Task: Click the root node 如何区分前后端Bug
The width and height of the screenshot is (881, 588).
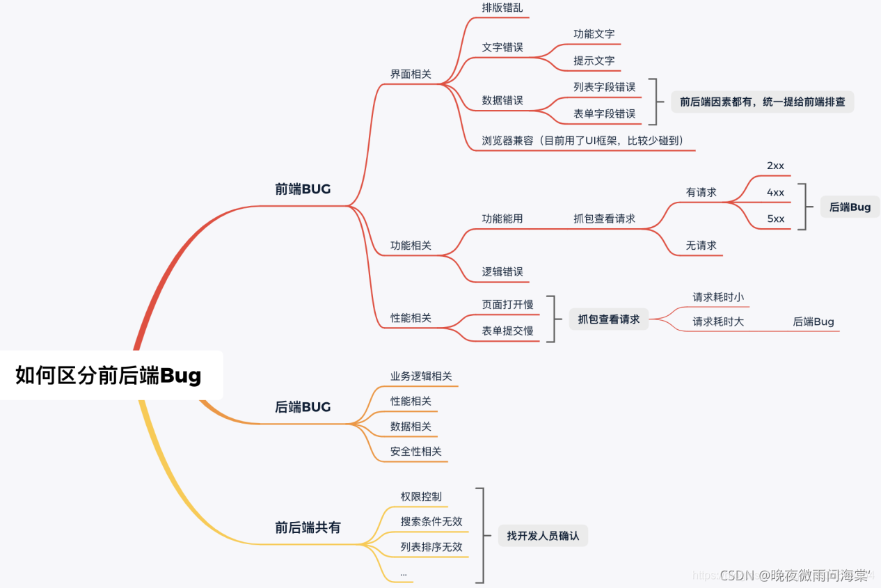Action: (109, 376)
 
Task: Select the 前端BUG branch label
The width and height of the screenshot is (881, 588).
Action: (303, 189)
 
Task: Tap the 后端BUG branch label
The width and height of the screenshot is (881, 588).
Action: (303, 407)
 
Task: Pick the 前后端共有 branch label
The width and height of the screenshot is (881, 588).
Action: (308, 527)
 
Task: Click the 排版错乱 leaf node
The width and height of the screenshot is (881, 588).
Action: (502, 8)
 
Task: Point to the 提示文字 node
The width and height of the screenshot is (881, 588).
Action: (594, 61)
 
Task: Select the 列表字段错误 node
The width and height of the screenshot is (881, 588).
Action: (604, 87)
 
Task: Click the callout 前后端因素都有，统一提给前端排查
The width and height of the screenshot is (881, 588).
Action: (762, 102)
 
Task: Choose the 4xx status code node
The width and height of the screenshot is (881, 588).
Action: (775, 192)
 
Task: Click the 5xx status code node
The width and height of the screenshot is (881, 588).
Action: (775, 218)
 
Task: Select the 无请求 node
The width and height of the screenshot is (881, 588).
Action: (701, 245)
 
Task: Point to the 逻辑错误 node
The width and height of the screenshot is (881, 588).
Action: (502, 271)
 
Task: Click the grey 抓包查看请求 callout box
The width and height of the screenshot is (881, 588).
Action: (608, 319)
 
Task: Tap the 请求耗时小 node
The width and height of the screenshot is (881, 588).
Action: (717, 297)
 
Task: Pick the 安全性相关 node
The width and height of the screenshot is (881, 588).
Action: (415, 451)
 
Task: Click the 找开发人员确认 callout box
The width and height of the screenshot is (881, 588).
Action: (543, 536)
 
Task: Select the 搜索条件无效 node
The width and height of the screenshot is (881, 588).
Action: (431, 521)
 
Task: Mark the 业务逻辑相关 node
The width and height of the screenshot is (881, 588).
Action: (421, 376)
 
